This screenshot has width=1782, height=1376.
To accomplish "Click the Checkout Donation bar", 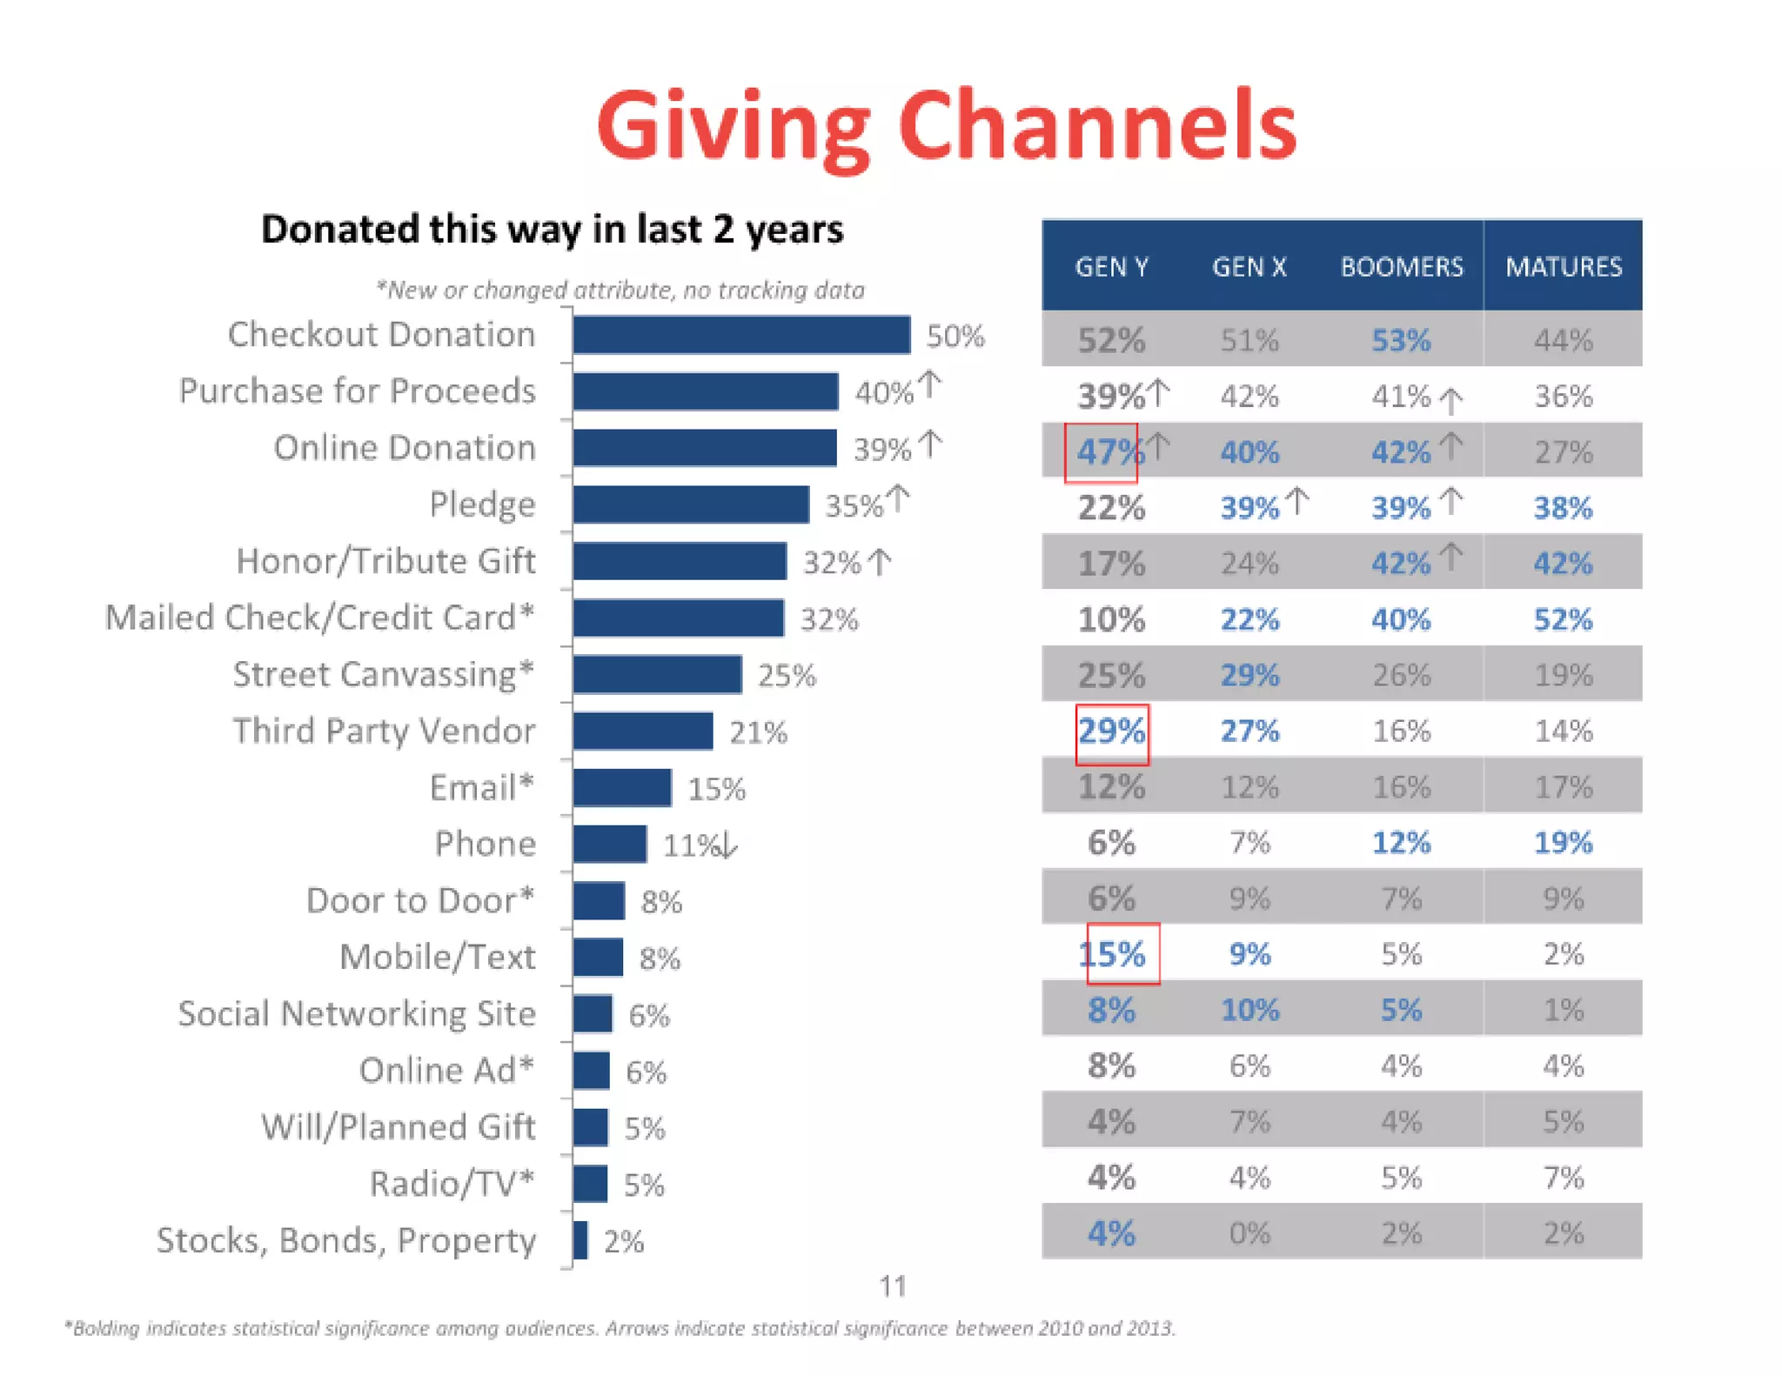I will click(x=741, y=335).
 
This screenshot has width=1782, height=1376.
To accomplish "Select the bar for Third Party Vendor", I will click(x=643, y=731).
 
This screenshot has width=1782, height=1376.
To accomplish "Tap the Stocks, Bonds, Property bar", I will click(x=580, y=1239).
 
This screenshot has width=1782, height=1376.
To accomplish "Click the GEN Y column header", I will click(x=1111, y=267).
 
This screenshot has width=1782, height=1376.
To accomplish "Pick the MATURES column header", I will click(x=1563, y=267).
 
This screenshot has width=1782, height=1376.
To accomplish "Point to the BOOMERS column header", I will click(x=1401, y=267).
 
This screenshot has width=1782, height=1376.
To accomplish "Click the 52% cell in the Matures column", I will click(x=1563, y=619).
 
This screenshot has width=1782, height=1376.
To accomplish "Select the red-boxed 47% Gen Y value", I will click(x=1102, y=452).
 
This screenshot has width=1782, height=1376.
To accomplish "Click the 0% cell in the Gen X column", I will click(x=1249, y=1233).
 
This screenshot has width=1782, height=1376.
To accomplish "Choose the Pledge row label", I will click(x=482, y=504).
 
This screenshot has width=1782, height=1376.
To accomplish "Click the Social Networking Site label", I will click(x=357, y=1013).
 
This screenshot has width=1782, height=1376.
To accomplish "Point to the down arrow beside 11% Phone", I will click(x=729, y=845).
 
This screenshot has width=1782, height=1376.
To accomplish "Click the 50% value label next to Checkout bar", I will click(x=955, y=337).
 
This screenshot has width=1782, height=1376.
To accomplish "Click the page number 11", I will click(x=893, y=1286).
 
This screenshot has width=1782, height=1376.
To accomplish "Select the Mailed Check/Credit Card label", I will click(x=319, y=618).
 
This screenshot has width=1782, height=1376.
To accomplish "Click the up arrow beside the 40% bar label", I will click(x=930, y=385).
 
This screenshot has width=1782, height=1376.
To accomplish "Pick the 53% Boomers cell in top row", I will click(x=1401, y=340).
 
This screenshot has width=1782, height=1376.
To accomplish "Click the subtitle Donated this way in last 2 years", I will click(x=552, y=230).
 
